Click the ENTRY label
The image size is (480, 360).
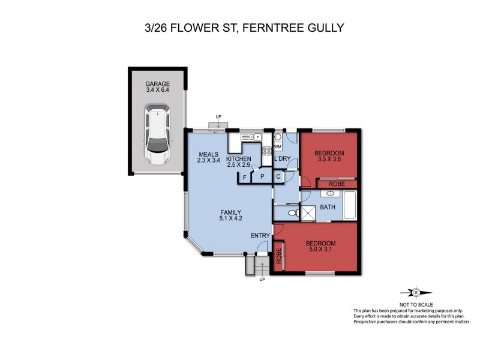[260, 236]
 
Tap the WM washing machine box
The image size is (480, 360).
[278, 146]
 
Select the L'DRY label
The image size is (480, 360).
[282, 159]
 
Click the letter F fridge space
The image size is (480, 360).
[244, 177]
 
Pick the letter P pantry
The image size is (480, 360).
[262, 177]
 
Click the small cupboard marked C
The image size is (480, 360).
[278, 177]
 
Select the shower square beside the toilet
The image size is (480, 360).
[308, 214]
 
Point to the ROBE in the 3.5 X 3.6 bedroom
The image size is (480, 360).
[337, 184]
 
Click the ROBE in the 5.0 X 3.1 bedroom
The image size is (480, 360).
[278, 254]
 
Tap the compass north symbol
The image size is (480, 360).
[415, 293]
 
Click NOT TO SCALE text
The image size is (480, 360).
[415, 304]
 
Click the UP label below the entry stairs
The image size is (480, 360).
[262, 280]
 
